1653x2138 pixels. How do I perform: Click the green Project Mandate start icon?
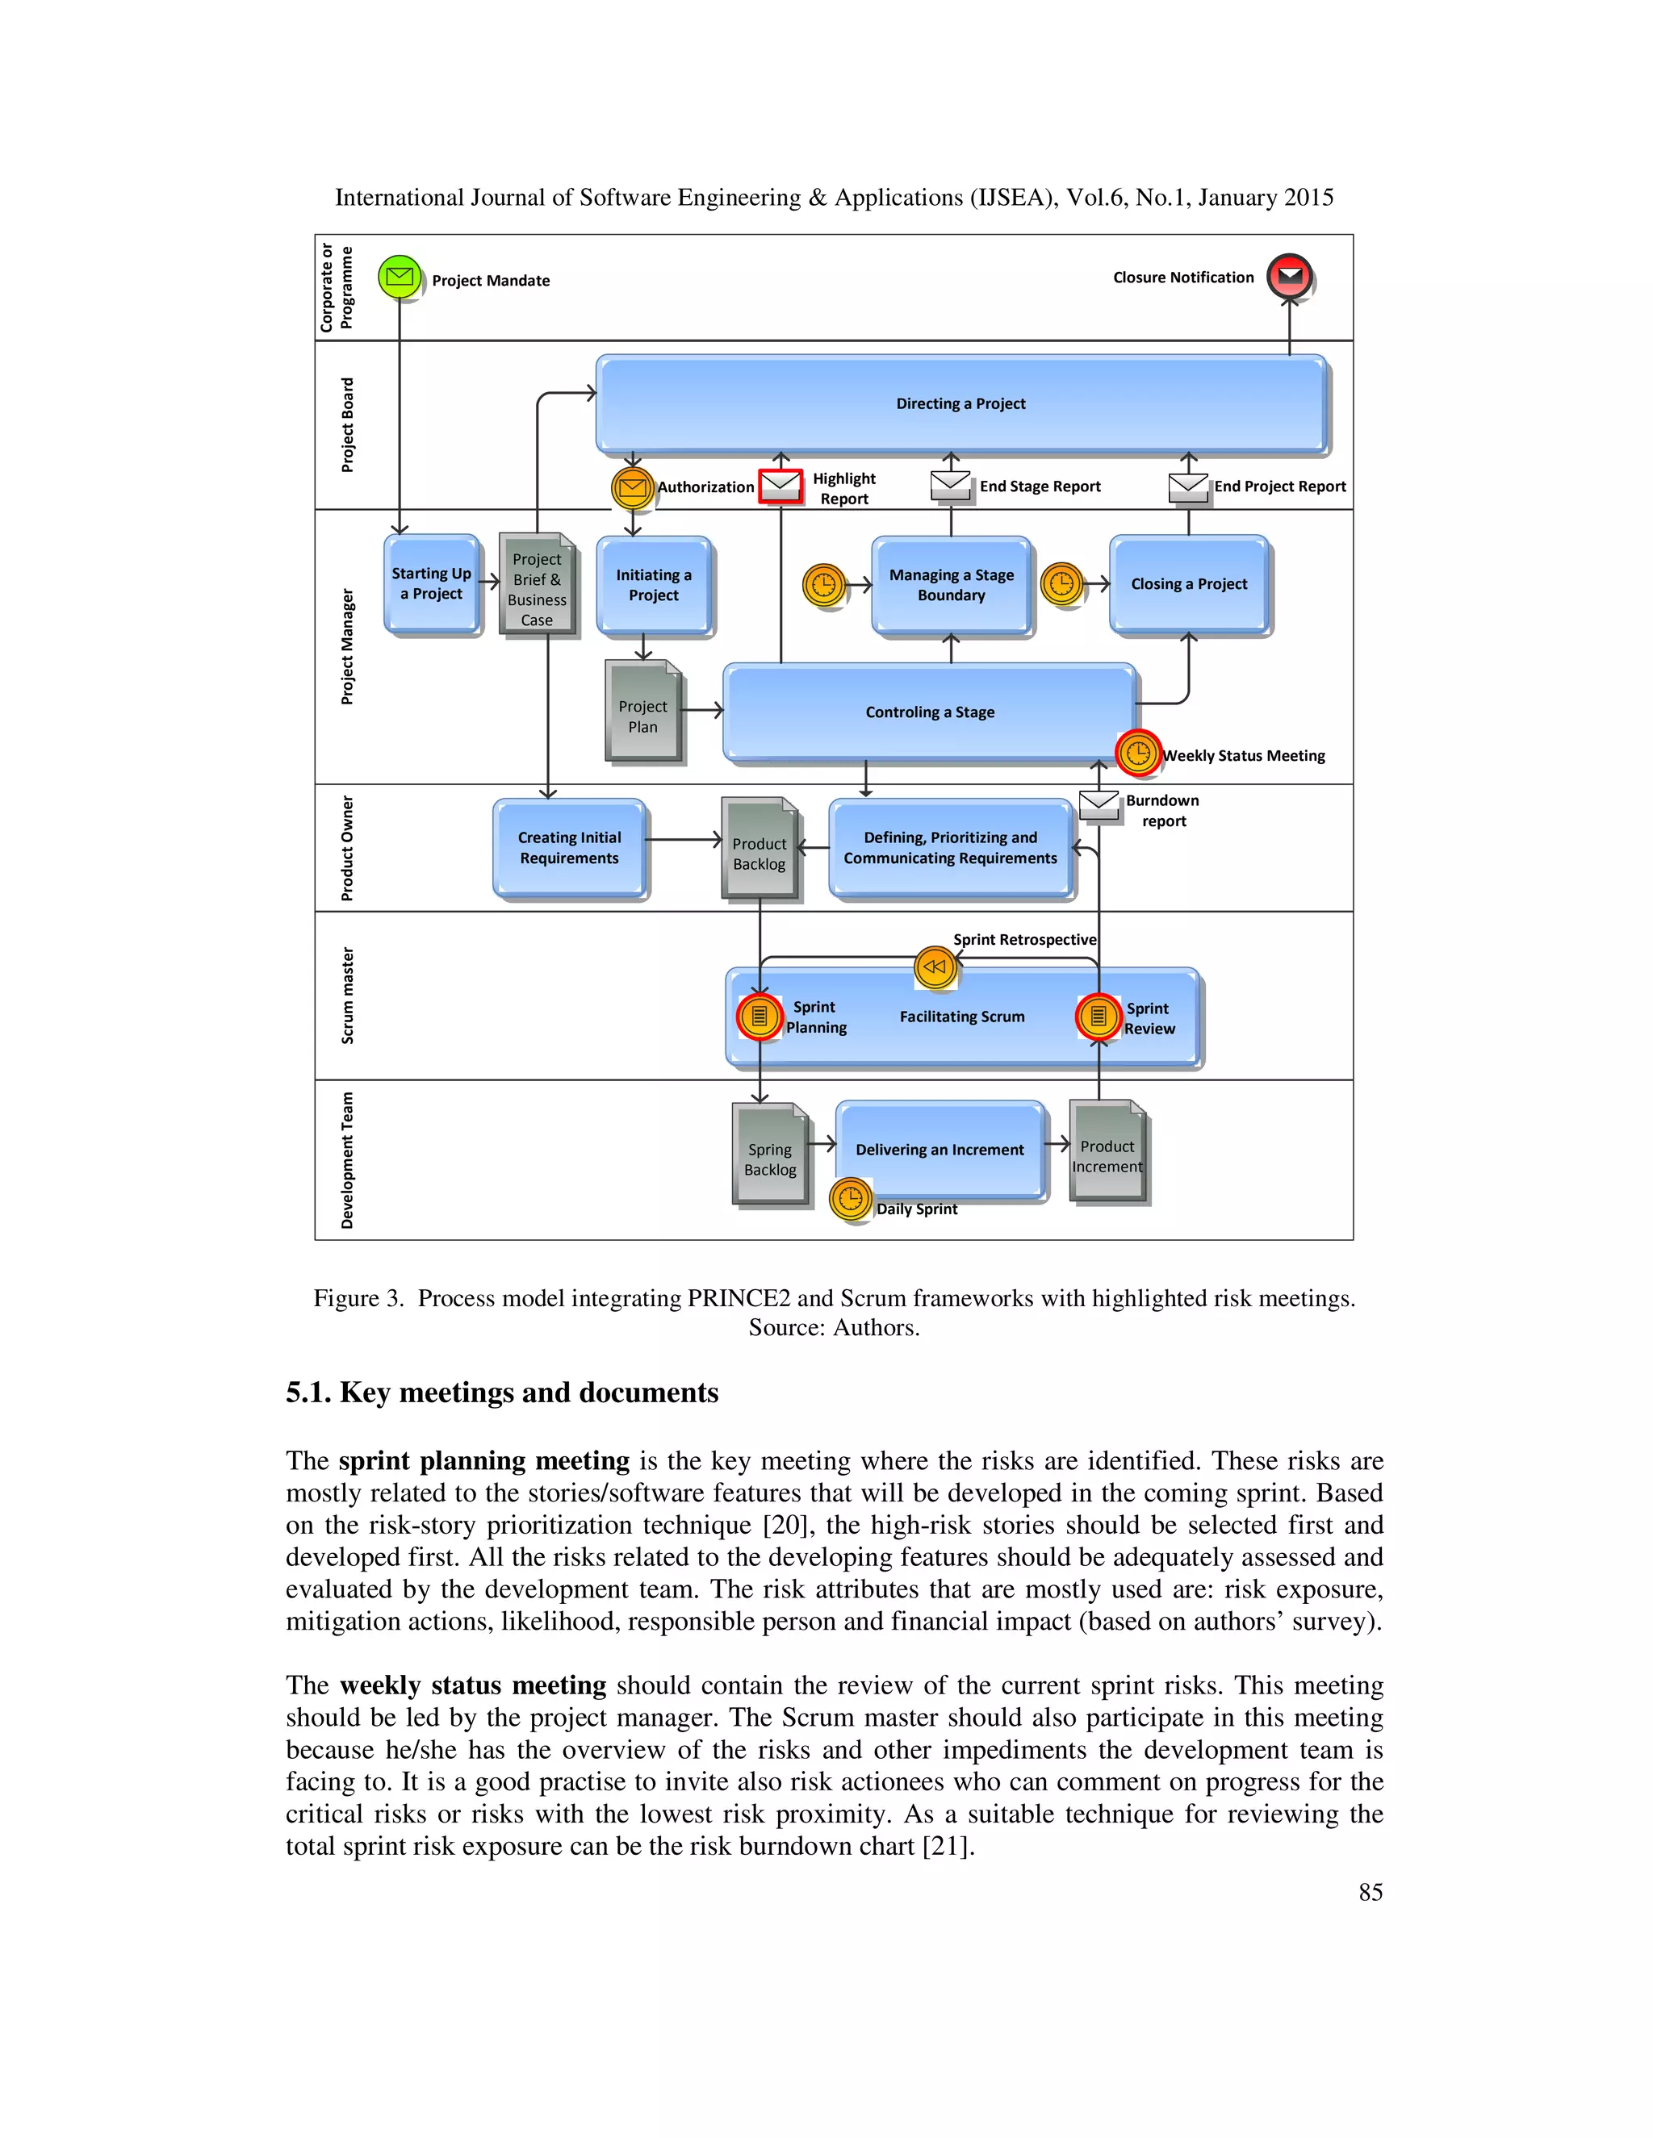[x=400, y=277]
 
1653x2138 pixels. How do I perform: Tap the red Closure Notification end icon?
[x=1290, y=276]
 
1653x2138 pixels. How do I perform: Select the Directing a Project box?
[x=960, y=403]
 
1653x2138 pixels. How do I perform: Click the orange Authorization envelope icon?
[x=633, y=487]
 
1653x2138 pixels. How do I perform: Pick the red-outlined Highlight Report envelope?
[x=780, y=486]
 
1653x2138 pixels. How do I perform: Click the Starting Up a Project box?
[x=431, y=583]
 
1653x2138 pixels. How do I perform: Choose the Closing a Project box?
[x=1189, y=584]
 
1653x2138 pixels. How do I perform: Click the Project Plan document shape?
[x=642, y=712]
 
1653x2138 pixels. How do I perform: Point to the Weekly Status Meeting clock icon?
[x=1138, y=754]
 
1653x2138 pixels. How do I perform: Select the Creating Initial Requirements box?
[x=569, y=848]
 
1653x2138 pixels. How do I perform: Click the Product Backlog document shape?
[x=760, y=848]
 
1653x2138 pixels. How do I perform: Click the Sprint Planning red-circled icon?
[x=759, y=1016]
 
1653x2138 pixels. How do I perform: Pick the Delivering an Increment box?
[x=940, y=1149]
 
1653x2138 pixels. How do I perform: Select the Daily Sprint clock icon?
[x=851, y=1198]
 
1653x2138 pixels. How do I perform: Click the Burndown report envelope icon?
[x=1099, y=804]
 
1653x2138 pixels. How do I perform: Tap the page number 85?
[x=1370, y=1892]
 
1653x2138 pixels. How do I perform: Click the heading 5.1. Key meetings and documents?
[x=501, y=1393]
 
